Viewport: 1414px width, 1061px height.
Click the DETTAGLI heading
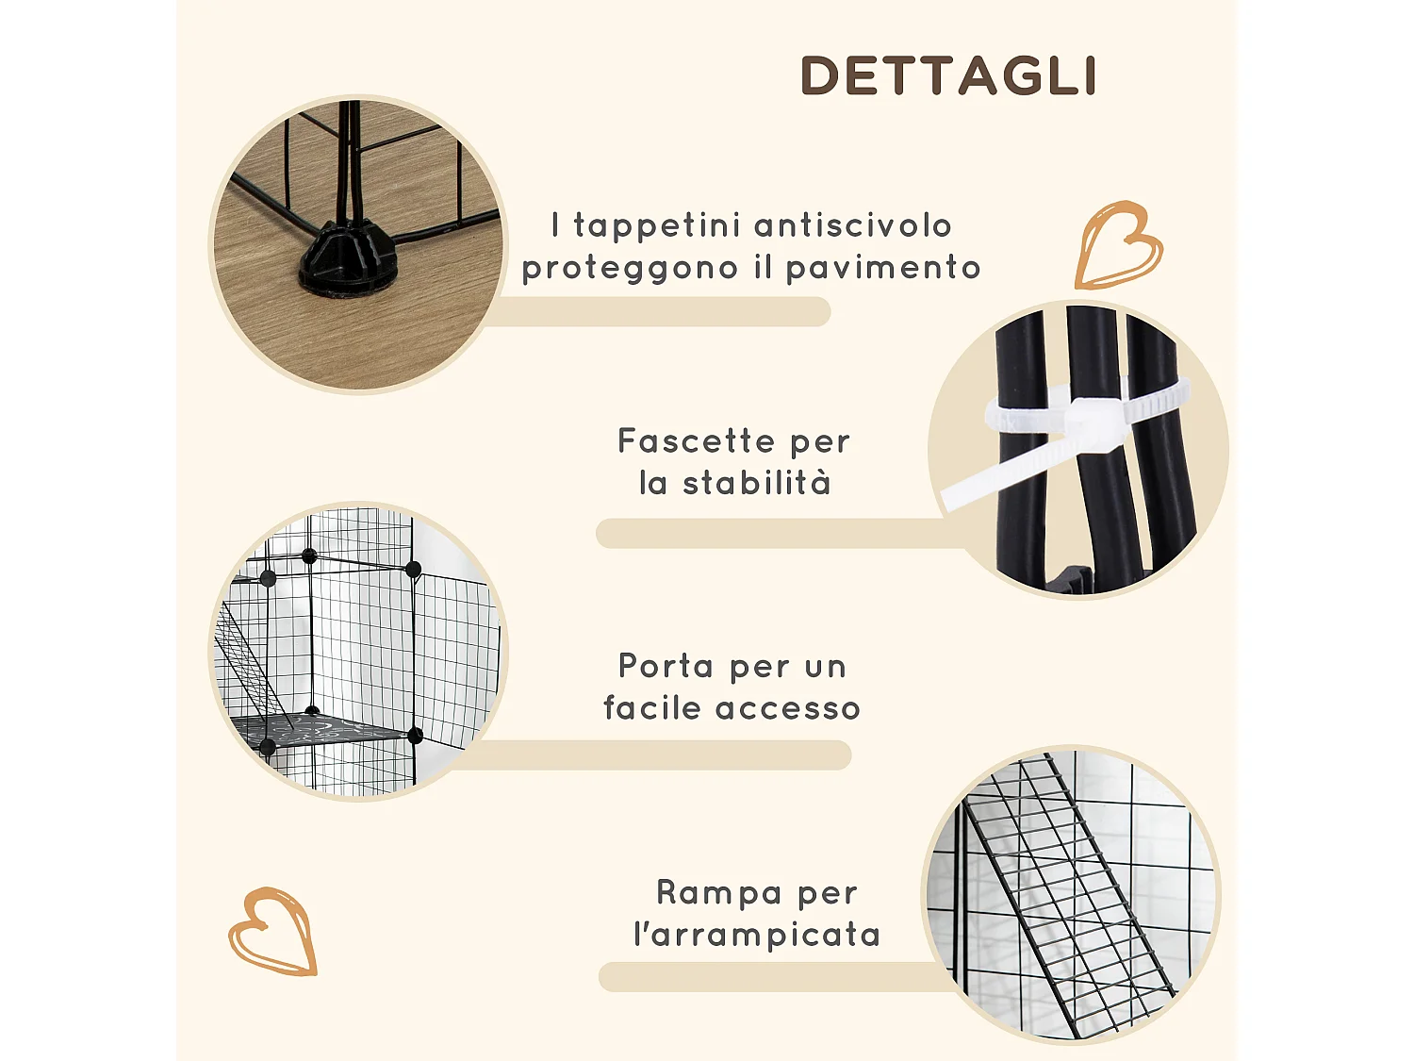[948, 76]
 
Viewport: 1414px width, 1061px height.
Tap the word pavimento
[883, 269]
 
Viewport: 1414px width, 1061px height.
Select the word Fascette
[694, 441]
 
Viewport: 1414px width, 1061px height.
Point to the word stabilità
[756, 483]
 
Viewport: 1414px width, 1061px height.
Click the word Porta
[666, 666]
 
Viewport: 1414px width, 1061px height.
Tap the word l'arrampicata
[757, 935]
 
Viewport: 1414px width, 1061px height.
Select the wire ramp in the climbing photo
[1065, 896]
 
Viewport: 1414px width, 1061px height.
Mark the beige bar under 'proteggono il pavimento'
[660, 312]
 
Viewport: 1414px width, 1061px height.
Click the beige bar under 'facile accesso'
[660, 754]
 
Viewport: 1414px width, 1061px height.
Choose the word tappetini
[658, 226]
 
